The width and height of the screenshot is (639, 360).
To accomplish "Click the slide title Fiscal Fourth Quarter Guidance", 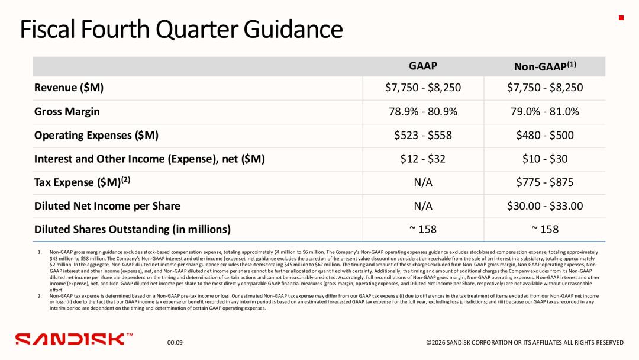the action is (182, 30).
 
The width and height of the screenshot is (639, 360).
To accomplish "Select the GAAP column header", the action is (422, 66).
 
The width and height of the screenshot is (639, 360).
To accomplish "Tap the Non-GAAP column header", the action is (545, 66).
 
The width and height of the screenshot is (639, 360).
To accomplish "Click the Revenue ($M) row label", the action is (69, 88).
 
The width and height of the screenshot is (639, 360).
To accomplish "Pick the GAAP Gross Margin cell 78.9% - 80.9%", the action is (423, 111).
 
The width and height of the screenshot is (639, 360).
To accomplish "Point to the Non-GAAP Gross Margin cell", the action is (545, 111).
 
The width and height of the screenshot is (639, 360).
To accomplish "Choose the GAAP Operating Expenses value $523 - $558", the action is (423, 135).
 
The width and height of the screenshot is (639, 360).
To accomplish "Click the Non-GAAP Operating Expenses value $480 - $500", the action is (545, 135).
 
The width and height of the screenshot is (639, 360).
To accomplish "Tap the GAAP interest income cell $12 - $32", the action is (423, 159).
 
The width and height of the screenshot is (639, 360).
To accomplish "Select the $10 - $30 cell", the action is (545, 159).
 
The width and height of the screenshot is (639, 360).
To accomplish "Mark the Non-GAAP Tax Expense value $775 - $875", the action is (545, 182).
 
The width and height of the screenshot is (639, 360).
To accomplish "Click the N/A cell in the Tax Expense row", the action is (423, 182).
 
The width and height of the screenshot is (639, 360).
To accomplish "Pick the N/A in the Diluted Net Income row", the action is (423, 206).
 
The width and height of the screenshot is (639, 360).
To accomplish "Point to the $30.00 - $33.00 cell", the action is (545, 205).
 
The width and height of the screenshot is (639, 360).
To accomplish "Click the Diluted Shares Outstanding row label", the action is (133, 230).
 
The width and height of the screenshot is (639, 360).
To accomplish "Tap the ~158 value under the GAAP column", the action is (423, 229).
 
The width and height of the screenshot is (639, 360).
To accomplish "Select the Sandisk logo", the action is (74, 339).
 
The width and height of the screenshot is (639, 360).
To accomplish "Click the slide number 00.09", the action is (175, 342).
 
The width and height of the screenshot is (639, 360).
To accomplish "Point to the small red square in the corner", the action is (621, 18).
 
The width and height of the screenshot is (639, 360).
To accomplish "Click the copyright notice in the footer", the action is (525, 342).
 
